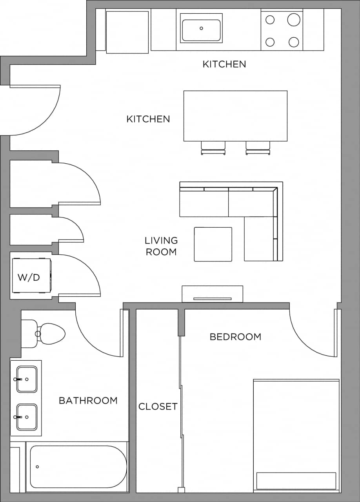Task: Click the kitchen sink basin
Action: pos(201,30)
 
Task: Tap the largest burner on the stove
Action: pos(294,19)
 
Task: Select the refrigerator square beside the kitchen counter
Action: pos(127,32)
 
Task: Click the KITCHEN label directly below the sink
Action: pos(224,64)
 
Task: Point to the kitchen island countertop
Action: pos(235,116)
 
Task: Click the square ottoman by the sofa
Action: pos(213,244)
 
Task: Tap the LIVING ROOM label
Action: pos(161,246)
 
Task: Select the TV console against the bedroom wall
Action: pos(212,294)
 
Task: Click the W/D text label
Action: pos(29,277)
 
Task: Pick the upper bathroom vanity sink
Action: pos(27,379)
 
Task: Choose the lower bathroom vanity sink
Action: pos(27,417)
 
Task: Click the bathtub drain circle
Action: pos(37,467)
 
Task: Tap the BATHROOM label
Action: pos(88,400)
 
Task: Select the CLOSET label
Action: pos(158,407)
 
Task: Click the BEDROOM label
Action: pos(235,337)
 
